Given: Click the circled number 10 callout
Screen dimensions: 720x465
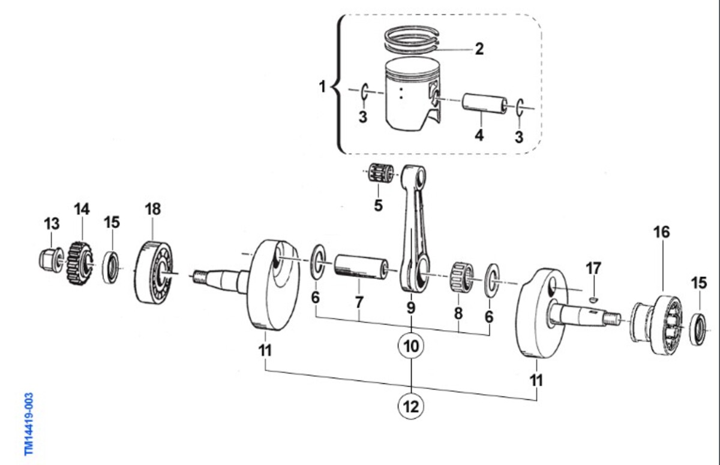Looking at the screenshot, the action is click(x=411, y=346).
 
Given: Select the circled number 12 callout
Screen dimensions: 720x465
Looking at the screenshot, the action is click(x=411, y=406).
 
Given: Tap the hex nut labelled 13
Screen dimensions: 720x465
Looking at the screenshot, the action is click(x=50, y=259).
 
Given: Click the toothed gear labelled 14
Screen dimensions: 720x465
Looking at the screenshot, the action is click(x=80, y=263).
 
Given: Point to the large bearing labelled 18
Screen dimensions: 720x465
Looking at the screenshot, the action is click(x=154, y=273).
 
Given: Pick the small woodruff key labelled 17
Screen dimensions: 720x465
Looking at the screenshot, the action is click(x=593, y=300).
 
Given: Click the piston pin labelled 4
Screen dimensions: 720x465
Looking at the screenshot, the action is click(x=485, y=103).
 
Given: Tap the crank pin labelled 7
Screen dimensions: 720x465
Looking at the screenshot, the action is click(x=361, y=267).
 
